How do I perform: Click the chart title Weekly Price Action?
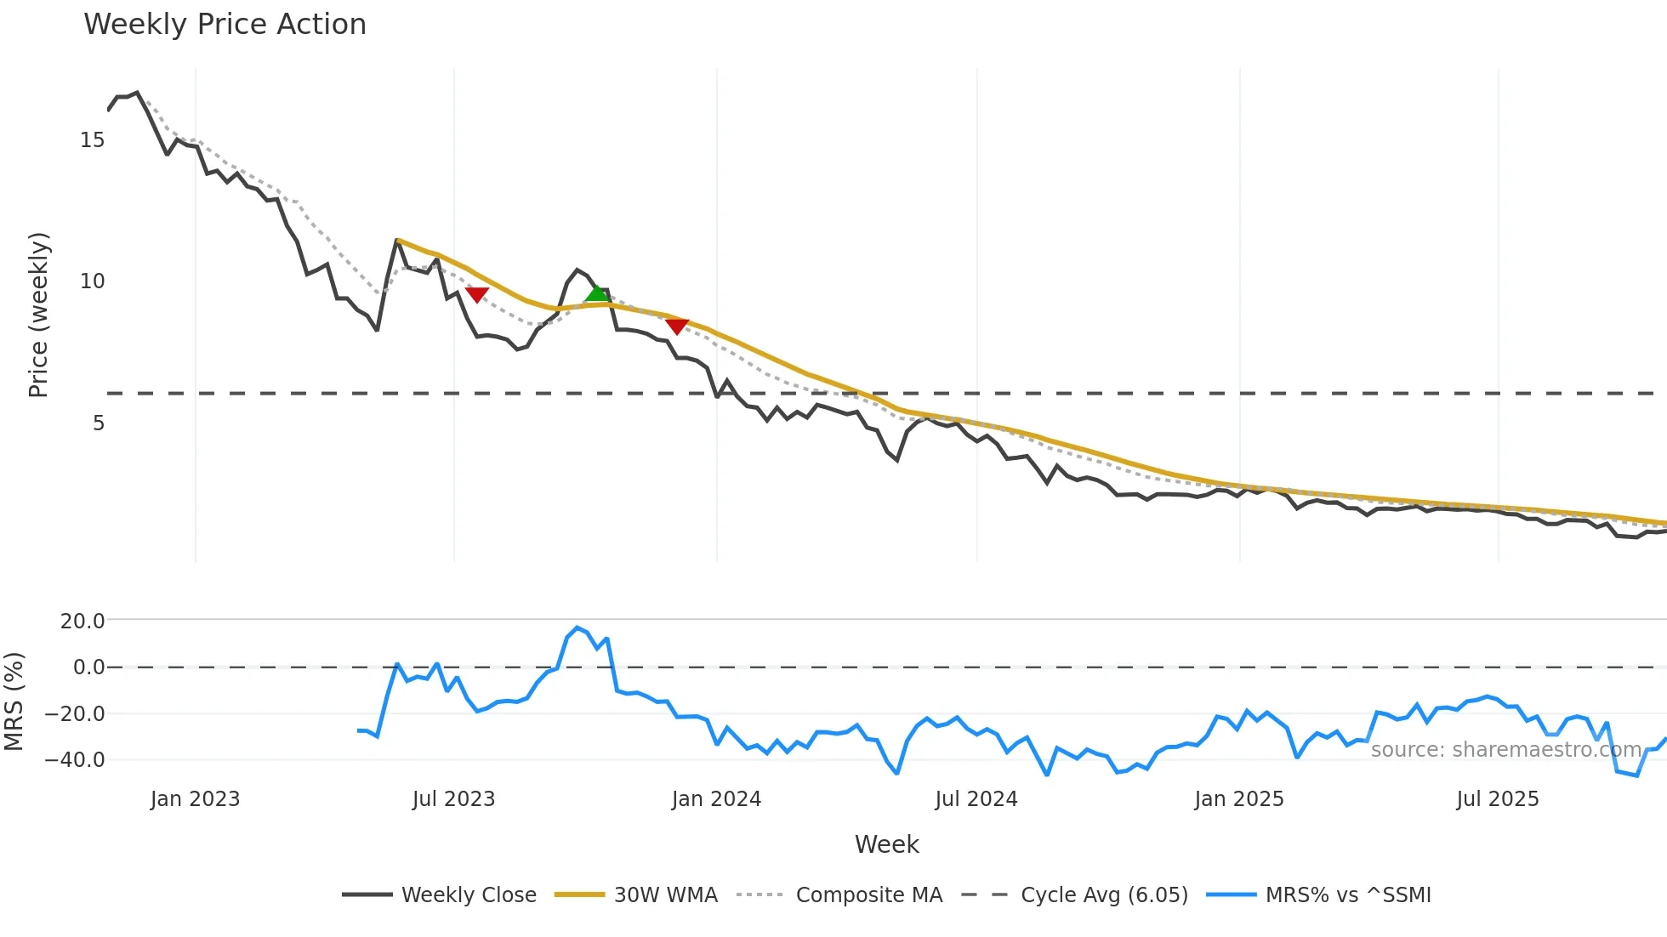[x=225, y=25]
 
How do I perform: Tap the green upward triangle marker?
[x=597, y=294]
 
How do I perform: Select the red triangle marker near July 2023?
[x=477, y=294]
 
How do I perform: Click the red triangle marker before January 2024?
[x=677, y=327]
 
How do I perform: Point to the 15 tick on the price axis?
[x=93, y=140]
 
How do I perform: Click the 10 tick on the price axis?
[x=93, y=281]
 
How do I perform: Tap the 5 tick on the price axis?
[x=99, y=423]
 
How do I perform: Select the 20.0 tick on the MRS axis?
[x=82, y=622]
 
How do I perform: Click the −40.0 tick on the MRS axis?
[x=76, y=760]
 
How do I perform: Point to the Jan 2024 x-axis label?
[x=716, y=799]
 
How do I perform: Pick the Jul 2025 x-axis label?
[x=1498, y=799]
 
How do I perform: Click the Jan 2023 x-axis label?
[x=196, y=799]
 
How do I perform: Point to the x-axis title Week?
[x=886, y=844]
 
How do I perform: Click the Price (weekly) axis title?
[x=39, y=315]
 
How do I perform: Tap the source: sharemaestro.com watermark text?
[x=1505, y=750]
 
